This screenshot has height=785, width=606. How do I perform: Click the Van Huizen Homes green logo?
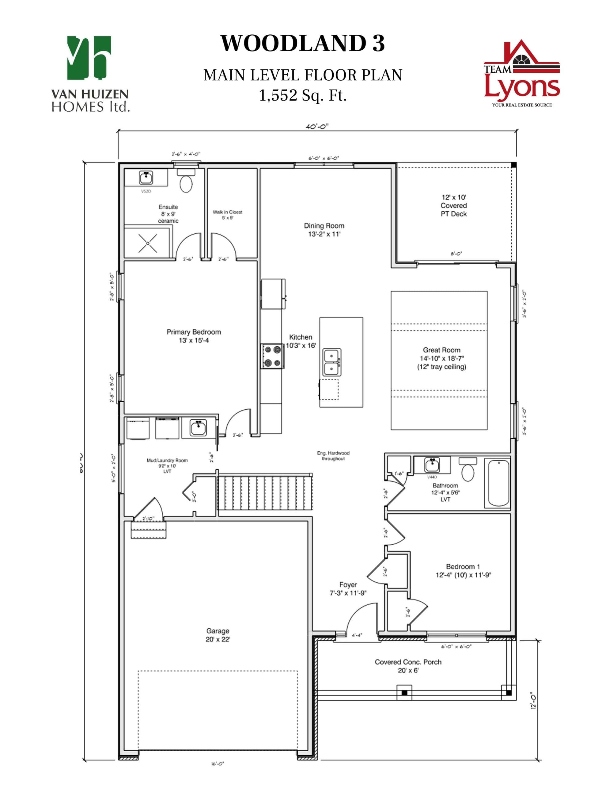click(89, 58)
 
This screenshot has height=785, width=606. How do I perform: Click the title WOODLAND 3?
click(302, 44)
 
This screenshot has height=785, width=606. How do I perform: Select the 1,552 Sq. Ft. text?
click(302, 96)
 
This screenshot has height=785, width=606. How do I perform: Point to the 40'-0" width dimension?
click(317, 127)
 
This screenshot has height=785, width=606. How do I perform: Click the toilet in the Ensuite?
click(186, 182)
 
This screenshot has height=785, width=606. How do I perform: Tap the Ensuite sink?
click(146, 178)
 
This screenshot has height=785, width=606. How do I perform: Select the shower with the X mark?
click(148, 241)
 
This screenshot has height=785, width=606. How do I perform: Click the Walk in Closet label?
click(227, 215)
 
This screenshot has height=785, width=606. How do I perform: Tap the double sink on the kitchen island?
click(331, 362)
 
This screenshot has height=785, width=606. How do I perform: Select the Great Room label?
click(441, 358)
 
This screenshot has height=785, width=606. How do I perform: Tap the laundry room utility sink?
click(198, 427)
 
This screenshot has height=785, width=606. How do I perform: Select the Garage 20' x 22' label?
click(218, 635)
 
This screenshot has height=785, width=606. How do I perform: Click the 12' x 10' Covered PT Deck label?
click(453, 205)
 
